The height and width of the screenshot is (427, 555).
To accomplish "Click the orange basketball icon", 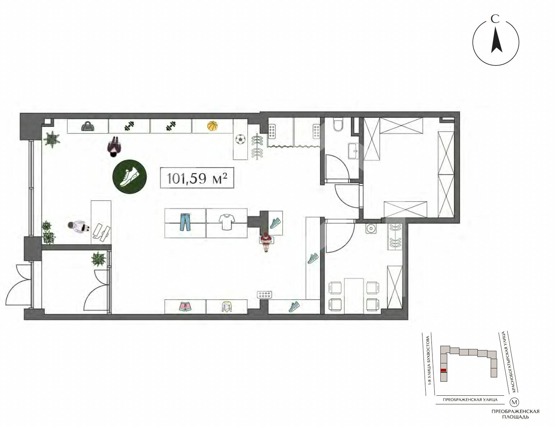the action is [213, 126].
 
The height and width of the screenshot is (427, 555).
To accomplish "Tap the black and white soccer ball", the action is [240, 139].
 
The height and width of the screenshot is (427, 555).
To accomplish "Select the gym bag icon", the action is [88, 126].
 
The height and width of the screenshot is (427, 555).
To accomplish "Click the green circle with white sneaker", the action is [130, 176].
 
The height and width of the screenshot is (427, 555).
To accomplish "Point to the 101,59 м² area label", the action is [197, 178].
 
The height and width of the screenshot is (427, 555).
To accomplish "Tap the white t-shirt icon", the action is [227, 222].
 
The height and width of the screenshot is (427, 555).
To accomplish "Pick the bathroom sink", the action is [354, 151].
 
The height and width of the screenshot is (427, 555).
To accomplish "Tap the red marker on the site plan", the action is [444, 377].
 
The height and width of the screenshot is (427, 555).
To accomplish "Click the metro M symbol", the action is [514, 402].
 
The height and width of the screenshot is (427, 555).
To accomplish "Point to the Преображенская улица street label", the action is [470, 400].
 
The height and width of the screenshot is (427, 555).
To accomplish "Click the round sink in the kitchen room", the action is [371, 229].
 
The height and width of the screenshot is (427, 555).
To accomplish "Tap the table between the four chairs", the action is [354, 295].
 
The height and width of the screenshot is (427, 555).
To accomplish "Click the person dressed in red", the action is [267, 242].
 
